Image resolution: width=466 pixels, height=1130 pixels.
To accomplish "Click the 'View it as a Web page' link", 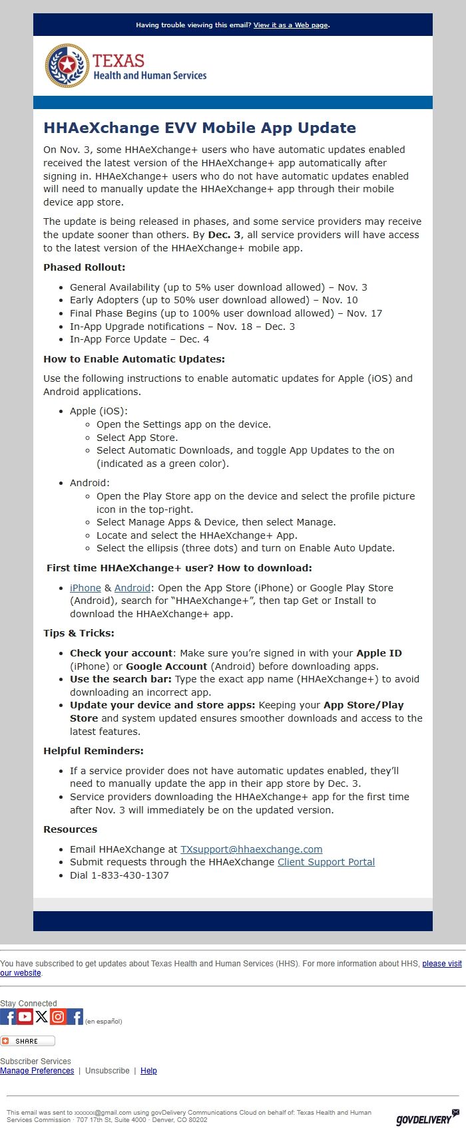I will click(x=290, y=25).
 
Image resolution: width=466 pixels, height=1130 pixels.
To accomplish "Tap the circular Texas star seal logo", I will click(x=67, y=66).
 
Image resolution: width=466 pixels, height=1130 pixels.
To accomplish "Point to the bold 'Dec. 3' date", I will click(x=224, y=235).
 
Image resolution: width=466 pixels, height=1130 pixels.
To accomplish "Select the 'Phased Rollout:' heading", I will click(x=84, y=267).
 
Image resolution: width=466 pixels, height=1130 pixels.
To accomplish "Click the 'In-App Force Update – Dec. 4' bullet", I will click(x=139, y=339).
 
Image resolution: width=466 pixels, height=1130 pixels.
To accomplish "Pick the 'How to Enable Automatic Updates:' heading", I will click(x=134, y=359).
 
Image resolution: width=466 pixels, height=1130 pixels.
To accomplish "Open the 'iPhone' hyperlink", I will click(x=85, y=588).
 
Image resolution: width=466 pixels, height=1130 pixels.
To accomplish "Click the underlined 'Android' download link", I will click(x=132, y=588).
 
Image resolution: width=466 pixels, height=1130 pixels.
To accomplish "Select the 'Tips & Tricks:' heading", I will click(x=79, y=633).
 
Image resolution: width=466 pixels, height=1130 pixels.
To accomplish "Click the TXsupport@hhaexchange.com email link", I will click(x=251, y=849).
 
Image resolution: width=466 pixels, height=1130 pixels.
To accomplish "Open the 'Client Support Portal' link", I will click(x=326, y=862).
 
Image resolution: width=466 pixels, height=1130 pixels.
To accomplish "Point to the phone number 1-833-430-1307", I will click(x=130, y=875).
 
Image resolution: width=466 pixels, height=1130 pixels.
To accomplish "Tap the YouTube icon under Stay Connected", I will click(x=25, y=1016).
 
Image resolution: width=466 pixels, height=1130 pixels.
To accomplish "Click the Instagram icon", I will click(x=59, y=1016).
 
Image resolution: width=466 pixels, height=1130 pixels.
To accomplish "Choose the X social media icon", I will click(x=42, y=1016).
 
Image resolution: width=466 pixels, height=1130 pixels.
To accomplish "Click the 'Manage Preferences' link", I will click(x=37, y=1071).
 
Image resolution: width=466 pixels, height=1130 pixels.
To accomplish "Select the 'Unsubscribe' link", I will click(x=107, y=1071).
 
